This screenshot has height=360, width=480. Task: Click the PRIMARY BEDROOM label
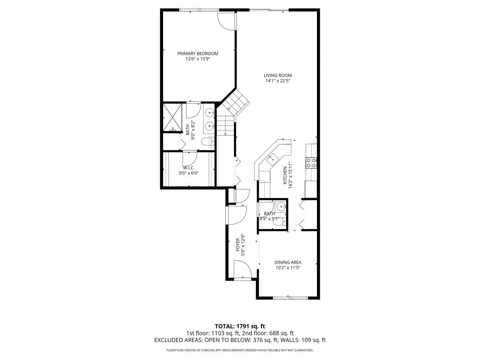[x=198, y=53]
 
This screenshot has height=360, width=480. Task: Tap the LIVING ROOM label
[x=277, y=75]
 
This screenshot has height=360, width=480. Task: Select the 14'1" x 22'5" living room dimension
[x=277, y=81]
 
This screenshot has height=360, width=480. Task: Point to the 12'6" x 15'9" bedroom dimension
[x=198, y=59]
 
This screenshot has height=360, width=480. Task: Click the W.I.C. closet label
[x=188, y=167]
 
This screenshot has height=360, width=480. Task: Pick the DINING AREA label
[x=288, y=262]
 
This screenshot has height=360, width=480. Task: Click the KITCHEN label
[x=285, y=175]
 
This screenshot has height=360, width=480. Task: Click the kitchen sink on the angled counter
[x=271, y=158]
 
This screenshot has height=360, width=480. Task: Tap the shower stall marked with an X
[x=172, y=117]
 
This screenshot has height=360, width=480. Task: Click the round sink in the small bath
[x=280, y=207]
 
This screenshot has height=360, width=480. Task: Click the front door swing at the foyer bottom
[x=242, y=269]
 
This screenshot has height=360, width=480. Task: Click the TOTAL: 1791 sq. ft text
[x=240, y=326]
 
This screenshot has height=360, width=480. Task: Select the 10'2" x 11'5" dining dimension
[x=288, y=268]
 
